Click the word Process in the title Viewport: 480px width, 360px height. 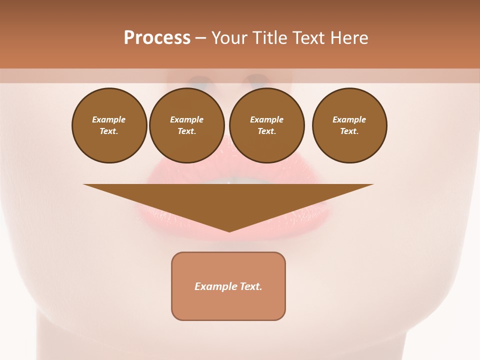tap(157, 38)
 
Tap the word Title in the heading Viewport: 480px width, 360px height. tap(268, 38)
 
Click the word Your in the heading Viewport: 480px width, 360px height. tap(229, 38)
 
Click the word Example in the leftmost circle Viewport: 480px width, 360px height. tap(109, 119)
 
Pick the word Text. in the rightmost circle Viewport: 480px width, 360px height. tap(349, 131)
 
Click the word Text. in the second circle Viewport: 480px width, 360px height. tap(187, 131)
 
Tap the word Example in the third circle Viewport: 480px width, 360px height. tap(267, 119)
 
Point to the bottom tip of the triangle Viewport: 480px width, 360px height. tap(229, 231)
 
